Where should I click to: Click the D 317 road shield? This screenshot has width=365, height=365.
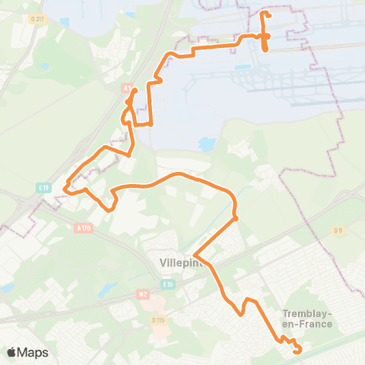(x=34, y=18)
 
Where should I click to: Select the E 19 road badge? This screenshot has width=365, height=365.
(x=43, y=186)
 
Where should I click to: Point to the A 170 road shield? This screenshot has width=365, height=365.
(x=83, y=227)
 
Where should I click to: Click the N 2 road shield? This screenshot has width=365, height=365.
(x=142, y=293)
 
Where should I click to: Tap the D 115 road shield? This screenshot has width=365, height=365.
(x=158, y=320)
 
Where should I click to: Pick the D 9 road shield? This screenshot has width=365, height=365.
(x=338, y=230)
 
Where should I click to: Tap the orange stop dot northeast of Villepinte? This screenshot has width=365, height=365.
(x=236, y=217)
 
